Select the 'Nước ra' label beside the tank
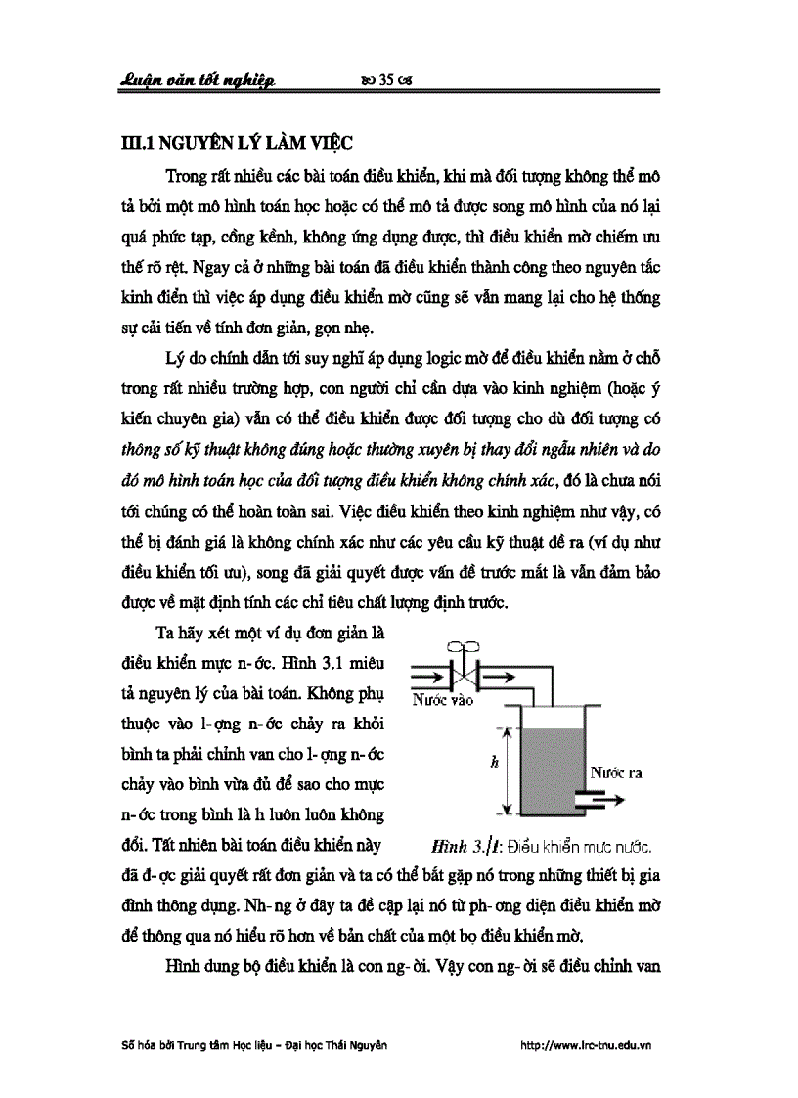point(614,772)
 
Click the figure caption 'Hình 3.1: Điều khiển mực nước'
point(539,842)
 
